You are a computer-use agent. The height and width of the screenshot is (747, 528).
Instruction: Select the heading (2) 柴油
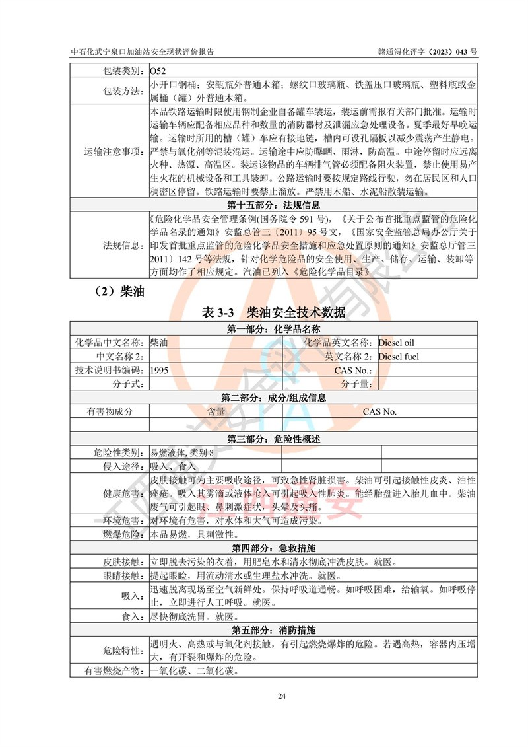point(114,290)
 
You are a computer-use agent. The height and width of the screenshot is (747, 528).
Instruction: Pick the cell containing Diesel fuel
point(399,357)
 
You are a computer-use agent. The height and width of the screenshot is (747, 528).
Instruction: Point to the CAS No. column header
point(379,411)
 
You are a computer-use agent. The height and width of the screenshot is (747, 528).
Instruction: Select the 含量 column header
point(216,411)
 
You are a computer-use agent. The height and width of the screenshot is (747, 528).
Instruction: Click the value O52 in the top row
point(158,71)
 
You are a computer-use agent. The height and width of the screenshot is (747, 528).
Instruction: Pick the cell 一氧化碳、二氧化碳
point(193,672)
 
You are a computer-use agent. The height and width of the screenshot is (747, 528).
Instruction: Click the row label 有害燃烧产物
point(110,672)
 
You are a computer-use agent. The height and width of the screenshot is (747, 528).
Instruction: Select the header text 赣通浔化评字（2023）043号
point(417,51)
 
